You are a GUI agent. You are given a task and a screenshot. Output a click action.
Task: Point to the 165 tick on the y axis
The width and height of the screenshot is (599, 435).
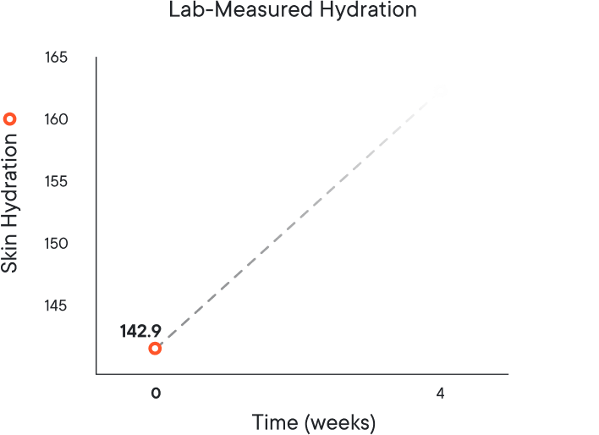tap(57, 58)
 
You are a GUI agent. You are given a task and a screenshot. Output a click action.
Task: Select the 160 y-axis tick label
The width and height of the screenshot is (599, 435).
tap(57, 119)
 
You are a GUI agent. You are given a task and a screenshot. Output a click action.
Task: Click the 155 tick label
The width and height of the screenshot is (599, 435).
tap(57, 182)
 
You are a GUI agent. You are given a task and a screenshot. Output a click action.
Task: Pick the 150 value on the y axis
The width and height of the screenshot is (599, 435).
tap(57, 244)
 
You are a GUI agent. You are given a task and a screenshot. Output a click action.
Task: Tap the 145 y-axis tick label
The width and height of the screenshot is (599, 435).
tap(57, 306)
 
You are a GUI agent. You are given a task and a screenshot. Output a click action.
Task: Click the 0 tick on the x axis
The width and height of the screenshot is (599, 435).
tap(155, 394)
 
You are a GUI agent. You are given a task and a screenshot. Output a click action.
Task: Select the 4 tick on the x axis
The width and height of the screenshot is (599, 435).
tap(440, 394)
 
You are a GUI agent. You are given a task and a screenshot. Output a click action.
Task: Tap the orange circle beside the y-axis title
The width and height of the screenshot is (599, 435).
tap(10, 119)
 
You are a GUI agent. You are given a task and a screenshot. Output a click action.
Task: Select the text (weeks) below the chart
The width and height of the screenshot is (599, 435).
tap(339, 421)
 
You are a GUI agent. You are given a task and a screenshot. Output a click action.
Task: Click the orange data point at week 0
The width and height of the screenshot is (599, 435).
tap(155, 348)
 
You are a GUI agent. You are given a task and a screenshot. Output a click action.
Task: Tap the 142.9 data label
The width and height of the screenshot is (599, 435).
tap(140, 331)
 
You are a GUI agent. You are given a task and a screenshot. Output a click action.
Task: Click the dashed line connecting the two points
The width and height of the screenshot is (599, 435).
tap(297, 219)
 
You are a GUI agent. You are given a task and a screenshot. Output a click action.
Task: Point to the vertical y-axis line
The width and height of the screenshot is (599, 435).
tap(96, 212)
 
